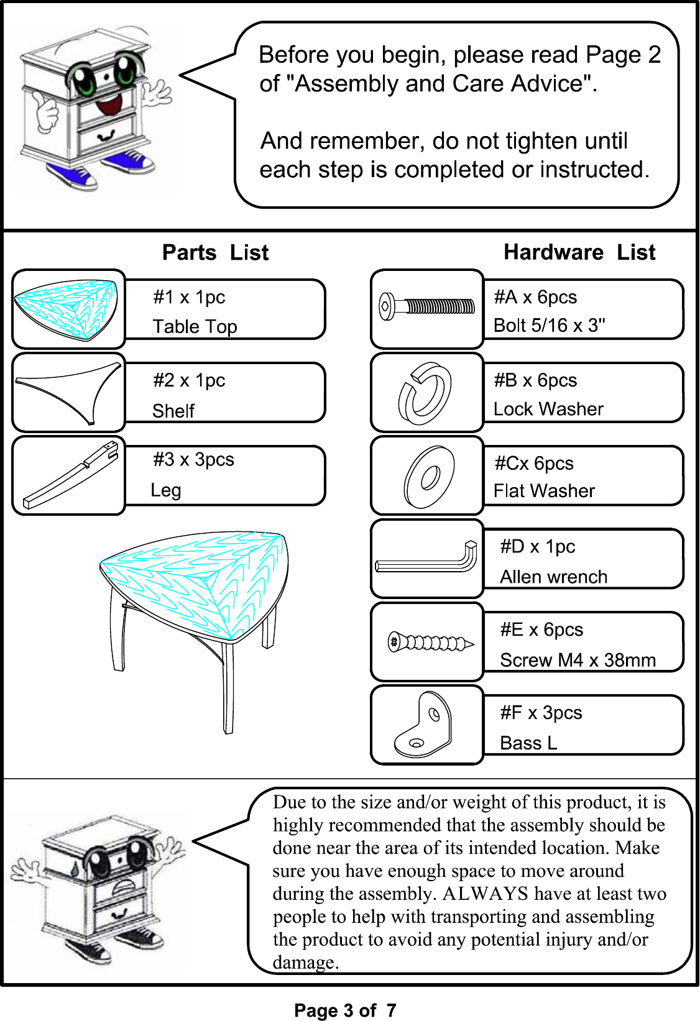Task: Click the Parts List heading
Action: pos(215,252)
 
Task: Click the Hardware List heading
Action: pos(579,252)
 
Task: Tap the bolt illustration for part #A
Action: pos(427,306)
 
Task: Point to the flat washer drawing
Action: pos(429,477)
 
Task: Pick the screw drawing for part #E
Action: pos(431,643)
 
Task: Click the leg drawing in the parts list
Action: pos(71,475)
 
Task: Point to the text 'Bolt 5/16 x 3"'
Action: pos(549,326)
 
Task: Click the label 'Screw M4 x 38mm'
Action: pos(578,660)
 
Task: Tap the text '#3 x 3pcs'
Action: pos(193,459)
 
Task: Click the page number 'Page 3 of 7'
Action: pos(345,1010)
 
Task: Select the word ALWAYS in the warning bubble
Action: pos(485,894)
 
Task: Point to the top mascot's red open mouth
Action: pos(109,105)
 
